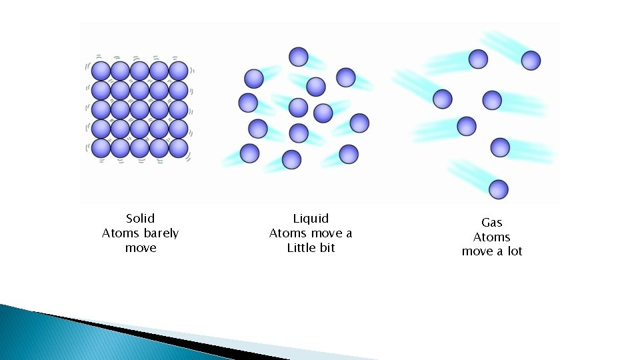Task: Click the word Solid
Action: pyautogui.click(x=140, y=219)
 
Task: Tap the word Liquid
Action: pyautogui.click(x=311, y=219)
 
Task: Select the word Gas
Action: pyautogui.click(x=491, y=223)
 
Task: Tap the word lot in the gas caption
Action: pyautogui.click(x=514, y=251)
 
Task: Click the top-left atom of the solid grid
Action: pyautogui.click(x=101, y=71)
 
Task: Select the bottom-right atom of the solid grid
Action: pyautogui.click(x=178, y=148)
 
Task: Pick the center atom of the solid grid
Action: pyautogui.click(x=139, y=109)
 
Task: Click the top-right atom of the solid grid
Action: pyautogui.click(x=178, y=71)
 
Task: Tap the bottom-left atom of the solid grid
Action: pyautogui.click(x=101, y=148)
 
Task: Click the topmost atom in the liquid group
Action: pyautogui.click(x=299, y=57)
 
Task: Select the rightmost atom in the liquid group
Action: pyautogui.click(x=359, y=123)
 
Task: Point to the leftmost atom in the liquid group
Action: pyautogui.click(x=248, y=103)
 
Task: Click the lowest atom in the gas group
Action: pyautogui.click(x=498, y=189)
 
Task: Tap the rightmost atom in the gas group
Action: pyautogui.click(x=531, y=61)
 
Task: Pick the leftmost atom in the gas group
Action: pyautogui.click(x=443, y=99)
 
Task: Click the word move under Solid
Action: pyautogui.click(x=141, y=248)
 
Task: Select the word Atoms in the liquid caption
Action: pyautogui.click(x=291, y=233)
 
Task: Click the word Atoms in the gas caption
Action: pyautogui.click(x=491, y=237)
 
